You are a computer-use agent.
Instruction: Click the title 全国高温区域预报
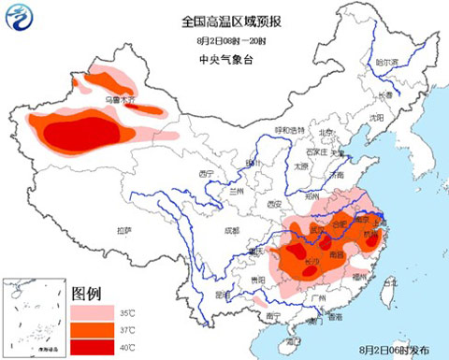tap(224, 18)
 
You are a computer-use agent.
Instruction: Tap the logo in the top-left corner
tap(22, 18)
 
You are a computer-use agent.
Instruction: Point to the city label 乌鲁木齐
tap(120, 97)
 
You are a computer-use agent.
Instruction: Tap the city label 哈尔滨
tap(386, 63)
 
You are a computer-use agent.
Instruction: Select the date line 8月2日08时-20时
tap(224, 40)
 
